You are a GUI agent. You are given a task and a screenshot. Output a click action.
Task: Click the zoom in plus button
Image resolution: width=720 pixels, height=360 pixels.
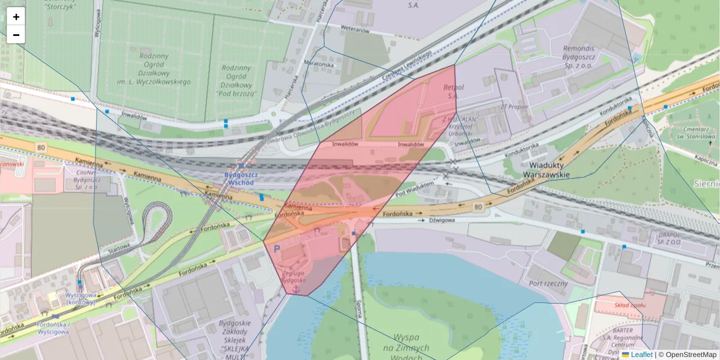[16, 17]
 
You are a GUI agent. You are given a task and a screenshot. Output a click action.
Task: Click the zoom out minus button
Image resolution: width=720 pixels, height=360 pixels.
[16, 35]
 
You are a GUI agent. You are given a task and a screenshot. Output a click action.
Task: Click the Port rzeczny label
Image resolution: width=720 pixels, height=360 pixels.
[548, 284]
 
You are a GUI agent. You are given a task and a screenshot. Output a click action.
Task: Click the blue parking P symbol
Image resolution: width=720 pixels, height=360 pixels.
[277, 248]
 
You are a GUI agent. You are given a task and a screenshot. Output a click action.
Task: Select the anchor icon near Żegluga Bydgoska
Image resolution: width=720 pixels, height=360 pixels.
[295, 289]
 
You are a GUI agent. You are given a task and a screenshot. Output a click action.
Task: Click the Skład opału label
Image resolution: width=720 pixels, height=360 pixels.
[630, 305]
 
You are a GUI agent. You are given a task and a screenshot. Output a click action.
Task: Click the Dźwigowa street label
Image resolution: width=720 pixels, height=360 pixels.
[442, 220]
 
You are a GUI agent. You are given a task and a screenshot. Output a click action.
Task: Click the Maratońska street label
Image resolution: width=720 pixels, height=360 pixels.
[318, 64]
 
